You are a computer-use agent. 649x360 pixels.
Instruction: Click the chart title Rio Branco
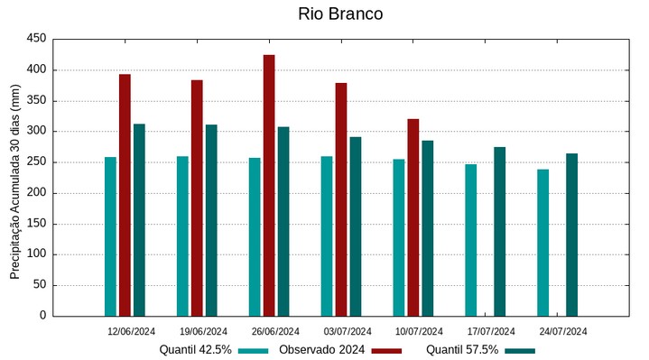point(340,14)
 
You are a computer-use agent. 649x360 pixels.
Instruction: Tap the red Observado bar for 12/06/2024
point(125,195)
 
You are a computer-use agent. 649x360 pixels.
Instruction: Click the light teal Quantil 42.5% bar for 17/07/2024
point(471,240)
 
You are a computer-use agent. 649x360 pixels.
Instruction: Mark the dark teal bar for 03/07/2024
point(356,226)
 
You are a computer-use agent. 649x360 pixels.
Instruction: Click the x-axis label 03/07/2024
point(348,331)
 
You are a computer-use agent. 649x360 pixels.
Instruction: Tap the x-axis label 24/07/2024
point(563,331)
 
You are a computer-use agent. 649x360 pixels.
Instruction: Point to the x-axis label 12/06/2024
point(132,331)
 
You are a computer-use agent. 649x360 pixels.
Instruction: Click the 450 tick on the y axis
point(36,39)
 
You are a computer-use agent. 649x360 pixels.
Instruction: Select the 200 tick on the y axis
point(36,193)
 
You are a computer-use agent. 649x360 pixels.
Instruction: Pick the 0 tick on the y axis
point(42,316)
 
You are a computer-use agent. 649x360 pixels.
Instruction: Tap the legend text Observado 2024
point(321,350)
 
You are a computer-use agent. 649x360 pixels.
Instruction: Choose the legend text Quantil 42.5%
point(196,350)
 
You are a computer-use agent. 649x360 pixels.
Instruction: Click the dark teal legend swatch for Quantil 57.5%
point(520,350)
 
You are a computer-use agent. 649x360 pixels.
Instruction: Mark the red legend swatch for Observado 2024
point(386,350)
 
